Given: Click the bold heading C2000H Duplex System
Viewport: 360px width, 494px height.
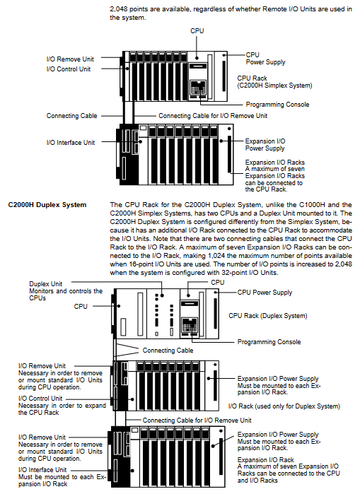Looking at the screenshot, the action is [47, 205].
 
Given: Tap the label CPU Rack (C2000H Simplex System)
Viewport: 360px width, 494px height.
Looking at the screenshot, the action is [274, 81].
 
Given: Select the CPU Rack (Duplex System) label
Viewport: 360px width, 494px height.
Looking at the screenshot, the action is [268, 316].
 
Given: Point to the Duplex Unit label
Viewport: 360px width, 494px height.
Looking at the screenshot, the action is [46, 284].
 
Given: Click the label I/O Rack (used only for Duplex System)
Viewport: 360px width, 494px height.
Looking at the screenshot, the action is [284, 406].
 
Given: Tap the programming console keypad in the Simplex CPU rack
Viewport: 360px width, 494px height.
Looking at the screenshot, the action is [198, 88].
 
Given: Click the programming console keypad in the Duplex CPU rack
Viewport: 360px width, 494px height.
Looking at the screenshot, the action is [190, 325].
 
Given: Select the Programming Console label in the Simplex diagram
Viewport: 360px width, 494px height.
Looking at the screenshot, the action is [277, 105].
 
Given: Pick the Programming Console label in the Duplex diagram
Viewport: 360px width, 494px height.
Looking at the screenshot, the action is [269, 342].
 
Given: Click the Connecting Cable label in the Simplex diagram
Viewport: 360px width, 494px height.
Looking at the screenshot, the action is [72, 116].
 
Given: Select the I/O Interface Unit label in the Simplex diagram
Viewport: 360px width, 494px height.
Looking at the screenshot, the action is [71, 142].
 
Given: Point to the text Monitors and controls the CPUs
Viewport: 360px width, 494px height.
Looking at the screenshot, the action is [66, 294].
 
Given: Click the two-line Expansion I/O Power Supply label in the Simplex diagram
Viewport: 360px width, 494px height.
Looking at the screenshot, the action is [265, 145].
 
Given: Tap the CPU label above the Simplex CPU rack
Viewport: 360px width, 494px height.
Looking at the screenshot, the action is [197, 30].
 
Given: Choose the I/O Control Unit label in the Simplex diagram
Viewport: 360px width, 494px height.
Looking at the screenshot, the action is [69, 69].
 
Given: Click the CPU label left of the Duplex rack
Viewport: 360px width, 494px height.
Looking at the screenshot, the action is [81, 306].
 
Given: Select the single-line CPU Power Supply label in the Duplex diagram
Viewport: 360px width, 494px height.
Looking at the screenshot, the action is [265, 293].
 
